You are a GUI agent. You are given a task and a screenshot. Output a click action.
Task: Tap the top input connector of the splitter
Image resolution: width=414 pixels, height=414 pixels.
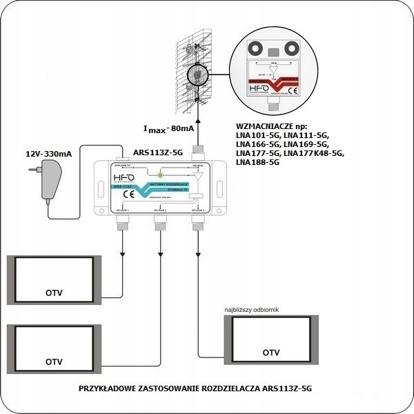tap(197, 150)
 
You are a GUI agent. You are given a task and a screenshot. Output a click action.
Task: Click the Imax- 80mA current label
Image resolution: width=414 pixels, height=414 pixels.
tap(169, 128)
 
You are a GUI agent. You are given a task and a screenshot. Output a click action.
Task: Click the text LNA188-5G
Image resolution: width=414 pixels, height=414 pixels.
tap(257, 164)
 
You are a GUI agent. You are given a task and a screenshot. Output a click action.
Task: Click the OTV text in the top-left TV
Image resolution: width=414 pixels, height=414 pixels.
tap(53, 293)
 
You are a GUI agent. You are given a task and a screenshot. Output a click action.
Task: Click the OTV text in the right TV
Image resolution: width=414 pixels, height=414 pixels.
tap(271, 353)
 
